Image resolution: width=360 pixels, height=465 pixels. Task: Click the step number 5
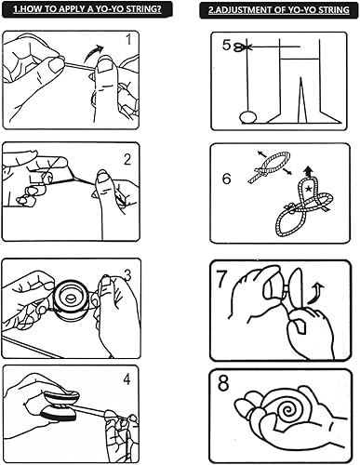tap(226, 46)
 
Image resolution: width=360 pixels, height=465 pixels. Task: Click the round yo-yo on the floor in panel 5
tap(248, 117)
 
